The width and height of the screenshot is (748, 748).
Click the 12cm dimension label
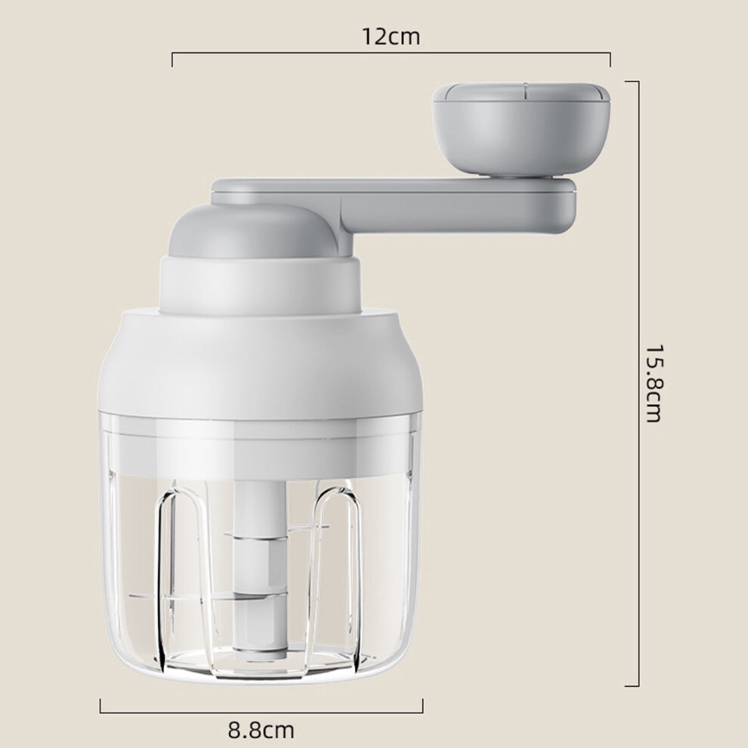pos(391,37)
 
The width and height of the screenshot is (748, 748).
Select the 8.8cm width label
pos(261,730)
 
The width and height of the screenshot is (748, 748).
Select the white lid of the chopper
pos(260,363)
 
